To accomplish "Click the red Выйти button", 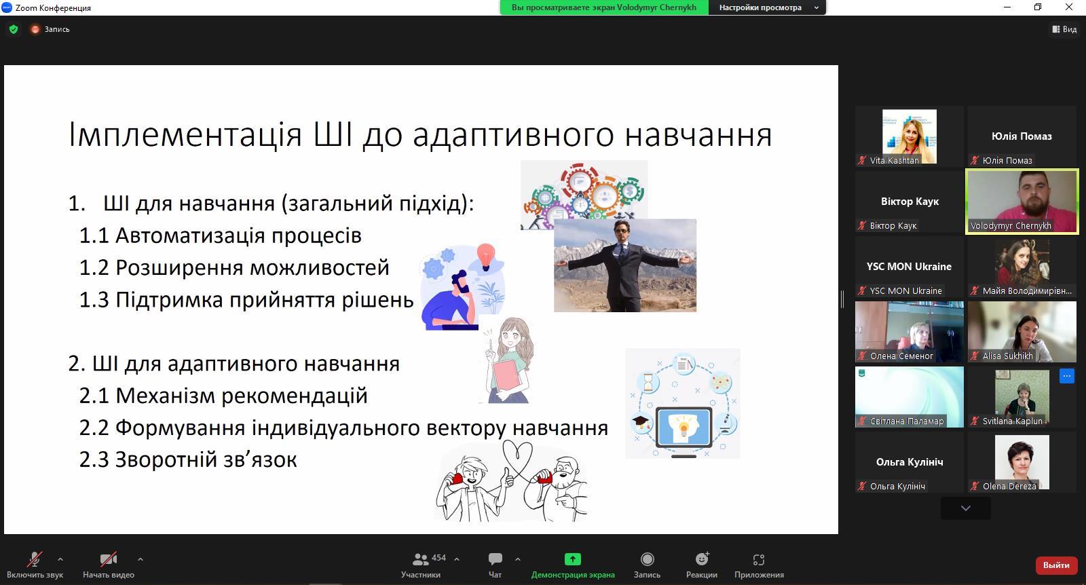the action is (x=1056, y=565).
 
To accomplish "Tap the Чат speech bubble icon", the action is (x=495, y=559).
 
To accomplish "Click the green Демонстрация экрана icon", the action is (x=573, y=559).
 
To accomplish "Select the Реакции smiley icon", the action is (x=702, y=559).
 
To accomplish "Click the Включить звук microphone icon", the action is (x=35, y=559).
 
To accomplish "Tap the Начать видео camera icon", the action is (x=108, y=559).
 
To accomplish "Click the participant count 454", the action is (x=438, y=558).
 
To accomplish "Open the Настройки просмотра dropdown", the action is (x=767, y=7).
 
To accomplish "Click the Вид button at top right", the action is (x=1064, y=29).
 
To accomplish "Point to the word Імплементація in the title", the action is (x=185, y=135).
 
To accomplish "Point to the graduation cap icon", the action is (x=641, y=421).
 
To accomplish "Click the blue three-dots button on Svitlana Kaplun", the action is (x=1066, y=376).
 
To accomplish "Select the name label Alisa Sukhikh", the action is (x=1007, y=356).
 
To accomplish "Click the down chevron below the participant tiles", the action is (x=966, y=508).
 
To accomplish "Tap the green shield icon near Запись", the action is (x=14, y=29).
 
